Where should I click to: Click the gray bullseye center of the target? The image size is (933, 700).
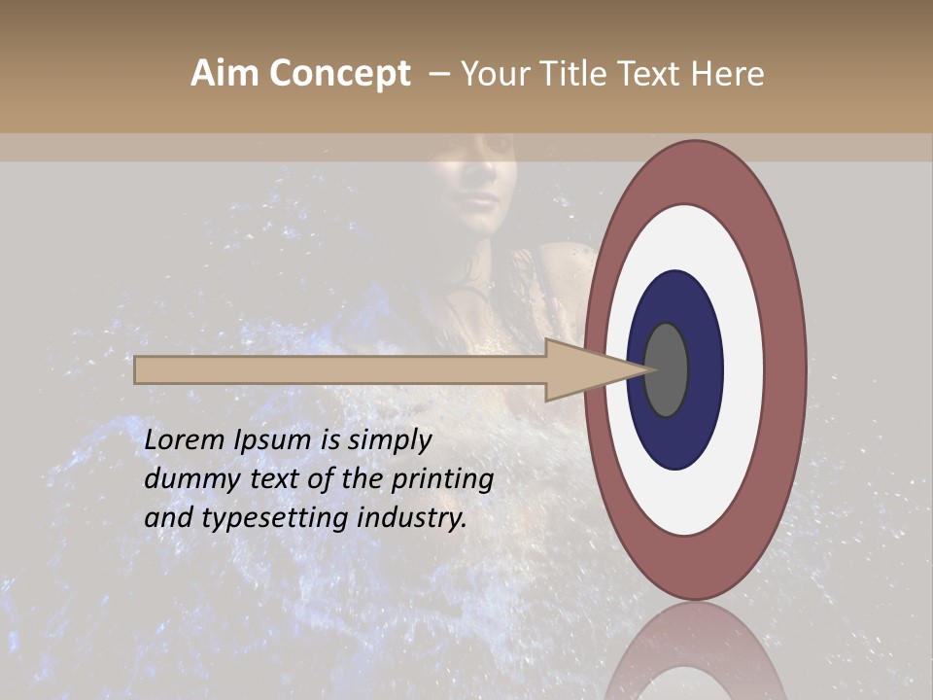pyautogui.click(x=666, y=369)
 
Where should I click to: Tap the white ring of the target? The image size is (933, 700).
pyautogui.click(x=743, y=369)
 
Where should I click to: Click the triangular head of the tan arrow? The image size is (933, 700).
pyautogui.click(x=583, y=370)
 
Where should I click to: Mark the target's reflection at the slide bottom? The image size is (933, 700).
pyautogui.click(x=695, y=661)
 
